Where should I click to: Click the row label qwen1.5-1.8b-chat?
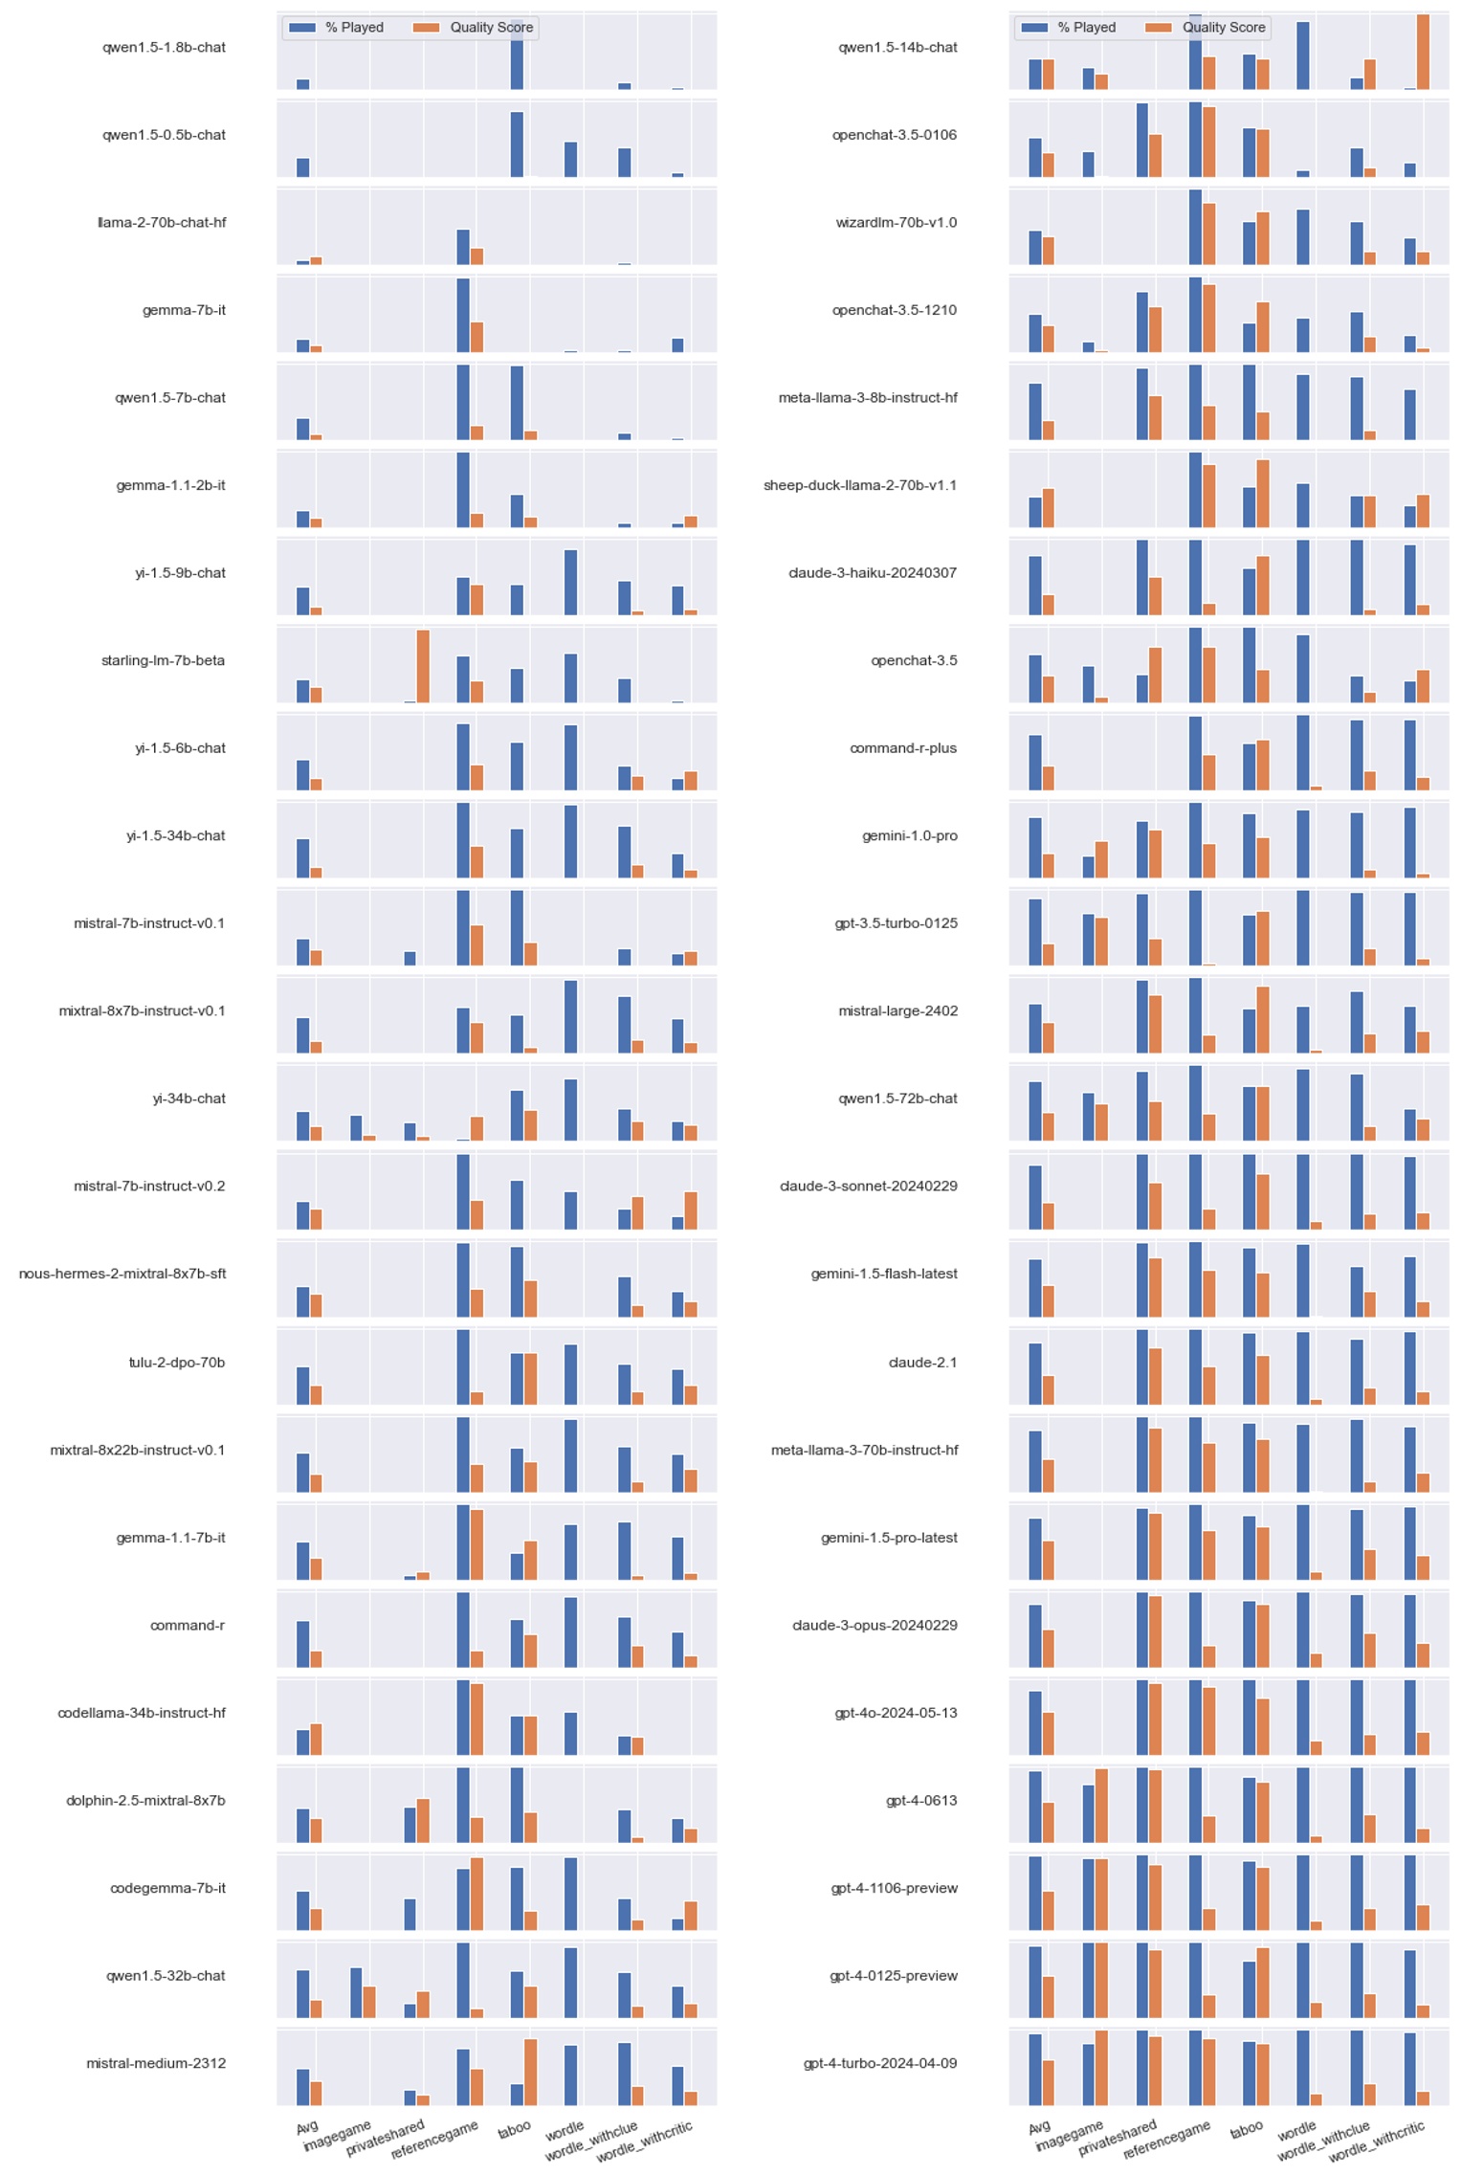tap(164, 47)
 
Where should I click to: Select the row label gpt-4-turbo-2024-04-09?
tap(879, 2062)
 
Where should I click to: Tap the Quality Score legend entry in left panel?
tap(491, 27)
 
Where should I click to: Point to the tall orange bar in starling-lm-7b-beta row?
tap(423, 665)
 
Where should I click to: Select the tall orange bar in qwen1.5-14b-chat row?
tap(1423, 52)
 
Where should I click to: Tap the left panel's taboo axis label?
tap(514, 2128)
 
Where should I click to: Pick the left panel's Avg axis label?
tap(307, 2126)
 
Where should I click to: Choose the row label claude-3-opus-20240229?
tap(874, 1625)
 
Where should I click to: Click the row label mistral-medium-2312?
tap(156, 2062)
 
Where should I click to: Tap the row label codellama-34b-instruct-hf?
tap(142, 1712)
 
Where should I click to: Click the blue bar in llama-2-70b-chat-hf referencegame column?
tap(463, 246)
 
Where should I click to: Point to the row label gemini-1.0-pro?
tap(909, 835)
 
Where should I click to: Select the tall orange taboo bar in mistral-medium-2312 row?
tap(530, 2071)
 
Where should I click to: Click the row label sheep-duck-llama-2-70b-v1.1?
tap(859, 485)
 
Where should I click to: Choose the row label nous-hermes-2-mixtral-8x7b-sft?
tap(122, 1273)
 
